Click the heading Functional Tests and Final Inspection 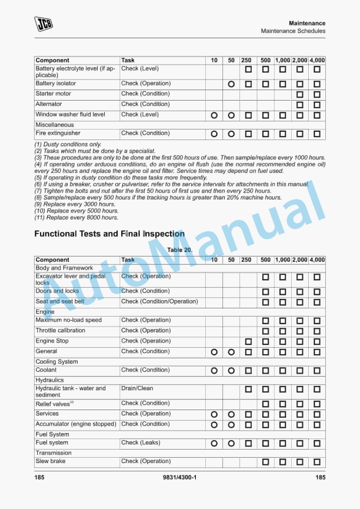tap(109, 234)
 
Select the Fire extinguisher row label tap(59, 134)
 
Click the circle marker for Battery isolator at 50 tap(231, 85)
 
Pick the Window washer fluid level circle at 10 tap(214, 116)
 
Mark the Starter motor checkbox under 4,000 tap(317, 95)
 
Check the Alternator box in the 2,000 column tap(300, 105)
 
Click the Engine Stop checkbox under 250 tap(248, 342)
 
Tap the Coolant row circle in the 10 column tap(214, 371)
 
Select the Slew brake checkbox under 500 tap(265, 463)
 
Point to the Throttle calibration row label tap(60, 331)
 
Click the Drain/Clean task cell tap(137, 388)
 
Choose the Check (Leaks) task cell tap(141, 443)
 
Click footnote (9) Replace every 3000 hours tap(75, 204)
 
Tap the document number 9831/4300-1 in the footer tap(179, 477)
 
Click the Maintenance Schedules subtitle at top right tap(293, 31)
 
